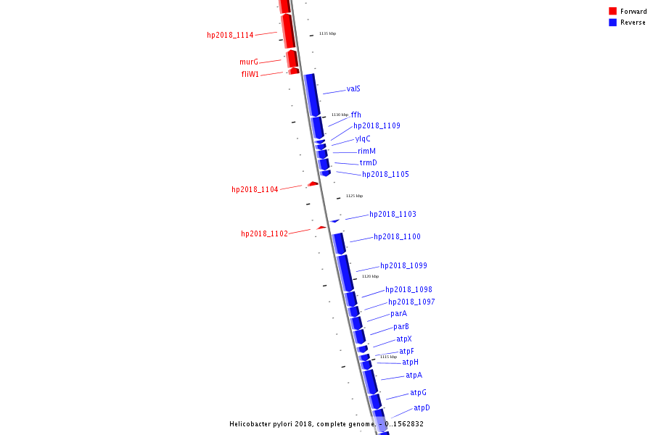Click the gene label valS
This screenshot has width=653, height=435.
[353, 89]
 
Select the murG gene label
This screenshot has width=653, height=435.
[249, 62]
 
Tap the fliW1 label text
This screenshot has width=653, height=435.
[250, 74]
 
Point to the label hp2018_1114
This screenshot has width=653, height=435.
[230, 35]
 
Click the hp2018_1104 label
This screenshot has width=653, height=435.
[255, 189]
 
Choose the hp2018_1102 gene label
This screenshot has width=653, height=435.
[264, 233]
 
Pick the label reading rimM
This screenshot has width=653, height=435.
[366, 152]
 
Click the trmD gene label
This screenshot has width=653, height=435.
[368, 163]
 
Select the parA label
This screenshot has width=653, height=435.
[398, 314]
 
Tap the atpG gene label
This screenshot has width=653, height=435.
[418, 393]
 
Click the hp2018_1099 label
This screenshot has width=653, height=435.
[403, 266]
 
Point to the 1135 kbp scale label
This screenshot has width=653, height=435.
[327, 33]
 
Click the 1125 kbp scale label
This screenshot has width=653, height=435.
[354, 196]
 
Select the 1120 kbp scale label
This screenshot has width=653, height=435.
[370, 276]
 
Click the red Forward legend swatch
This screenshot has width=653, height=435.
[612, 11]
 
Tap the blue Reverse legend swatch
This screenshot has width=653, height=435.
[612, 22]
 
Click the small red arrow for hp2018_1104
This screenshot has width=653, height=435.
[313, 184]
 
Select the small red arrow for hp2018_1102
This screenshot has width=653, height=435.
[321, 228]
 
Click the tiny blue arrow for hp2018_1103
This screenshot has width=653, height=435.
[334, 220]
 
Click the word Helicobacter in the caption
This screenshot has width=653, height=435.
[252, 424]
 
